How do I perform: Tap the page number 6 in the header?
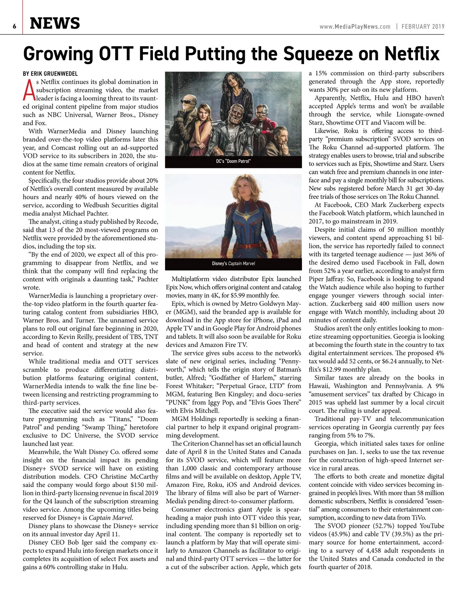pyautogui.click(x=14, y=26)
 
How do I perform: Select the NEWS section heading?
pyautogui.click(x=55, y=24)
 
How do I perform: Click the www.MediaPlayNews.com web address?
pyautogui.click(x=355, y=26)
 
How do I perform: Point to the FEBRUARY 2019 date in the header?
pyautogui.click(x=423, y=26)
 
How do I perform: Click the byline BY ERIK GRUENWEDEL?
pyautogui.click(x=50, y=74)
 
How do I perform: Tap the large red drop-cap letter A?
pyautogui.click(x=29, y=90)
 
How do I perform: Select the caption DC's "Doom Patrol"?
pyautogui.click(x=233, y=161)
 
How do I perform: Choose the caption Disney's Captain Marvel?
pyautogui.click(x=233, y=263)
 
